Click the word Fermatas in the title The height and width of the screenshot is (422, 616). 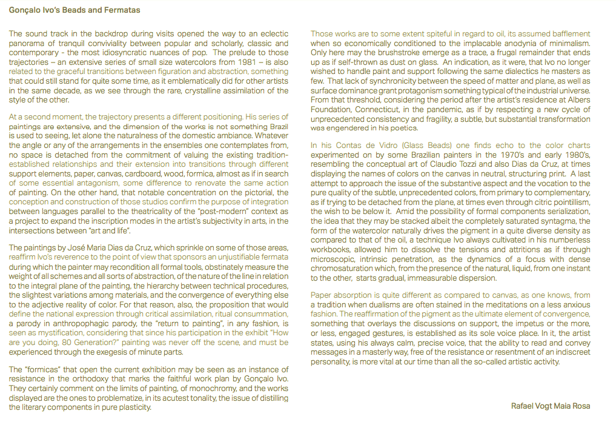click(124, 10)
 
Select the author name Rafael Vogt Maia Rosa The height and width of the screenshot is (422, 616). click(550, 406)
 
